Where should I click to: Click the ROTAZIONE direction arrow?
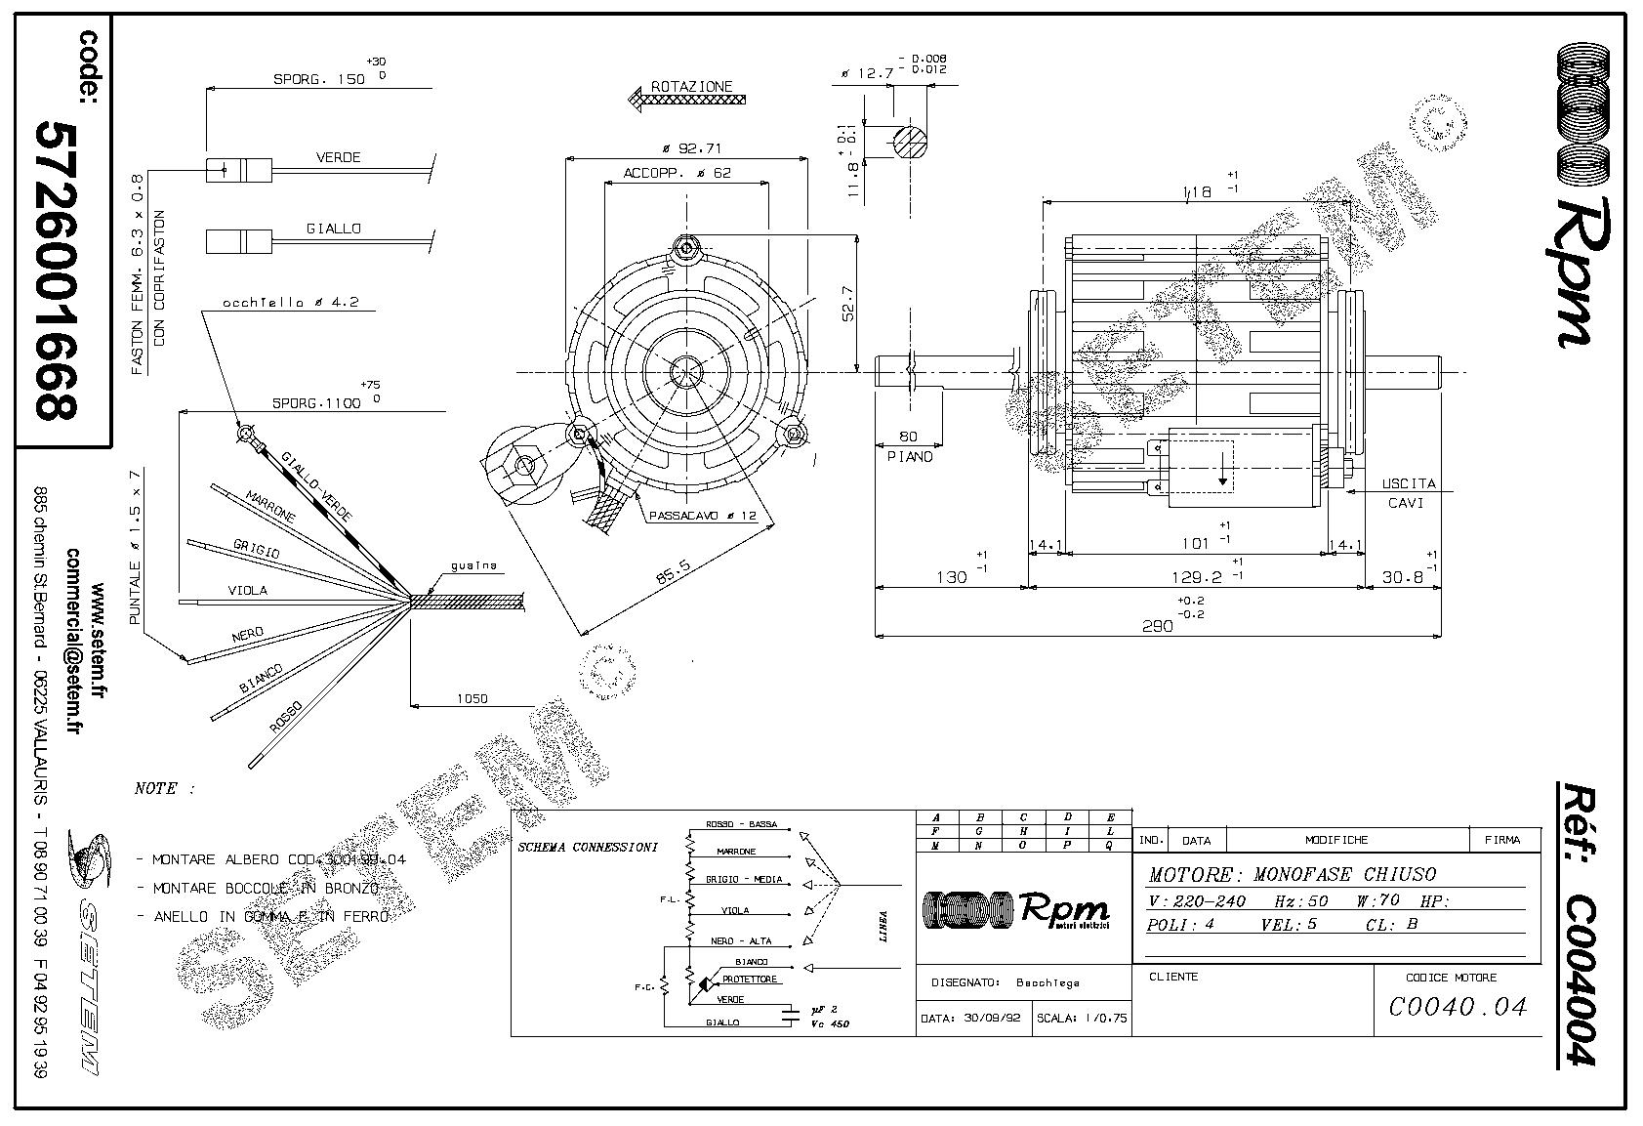tap(685, 99)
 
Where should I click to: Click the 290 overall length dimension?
tap(1157, 626)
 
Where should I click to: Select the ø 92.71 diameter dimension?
tap(690, 149)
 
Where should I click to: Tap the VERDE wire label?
tap(338, 157)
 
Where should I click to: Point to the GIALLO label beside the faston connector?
tap(333, 229)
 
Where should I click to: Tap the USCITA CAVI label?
tap(1408, 493)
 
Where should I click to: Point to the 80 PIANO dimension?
tap(909, 446)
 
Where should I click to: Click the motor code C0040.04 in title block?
tap(1457, 1006)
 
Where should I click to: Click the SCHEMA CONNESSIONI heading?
tap(586, 846)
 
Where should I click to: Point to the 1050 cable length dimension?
tap(472, 698)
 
